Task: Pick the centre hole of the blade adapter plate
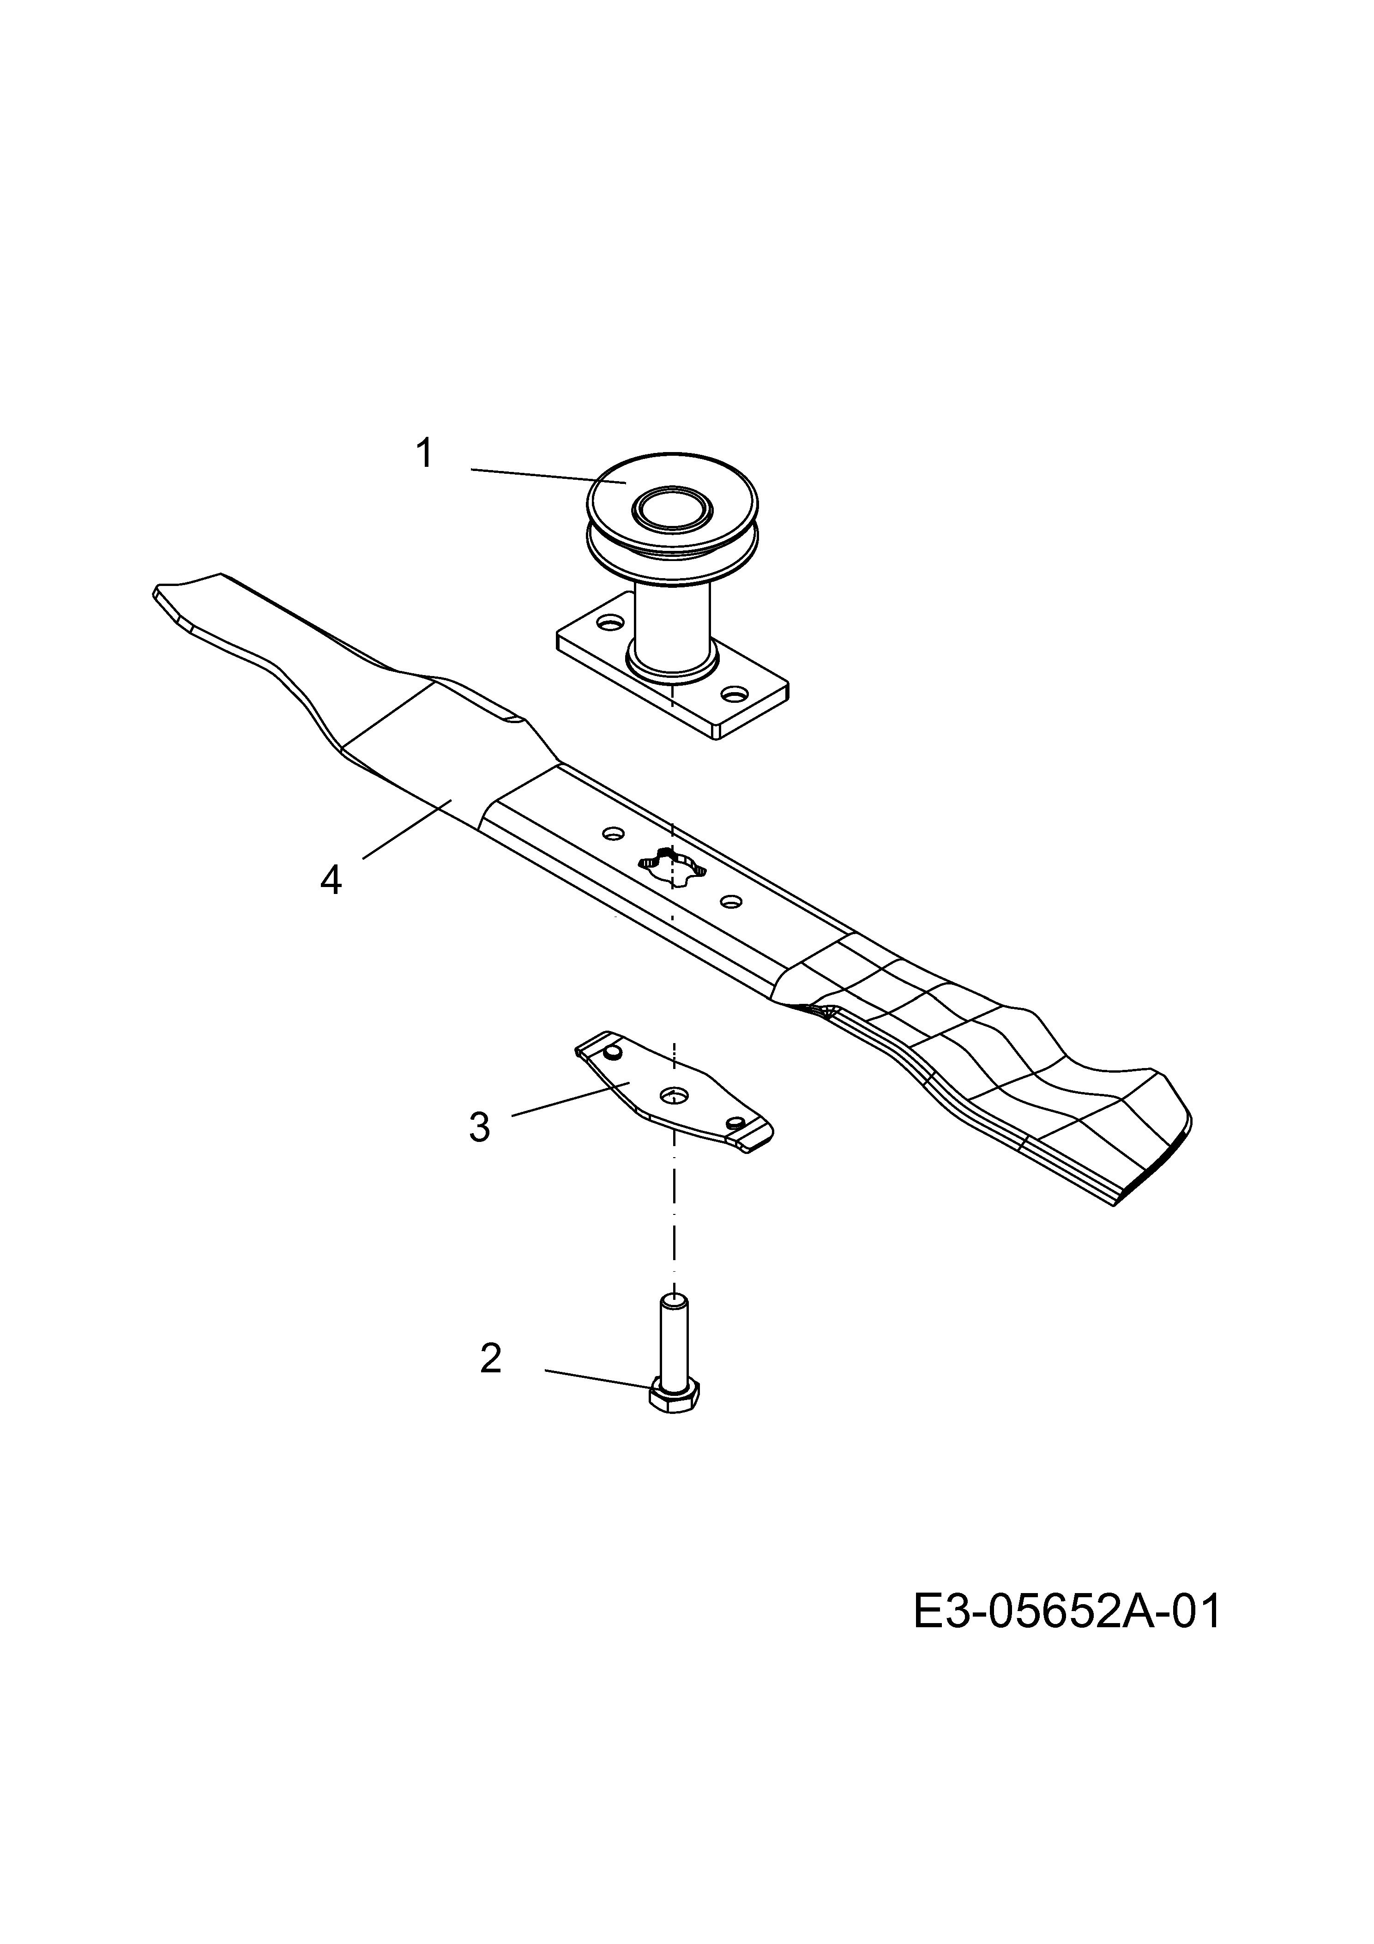[675, 1095]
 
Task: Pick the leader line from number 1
[548, 475]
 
